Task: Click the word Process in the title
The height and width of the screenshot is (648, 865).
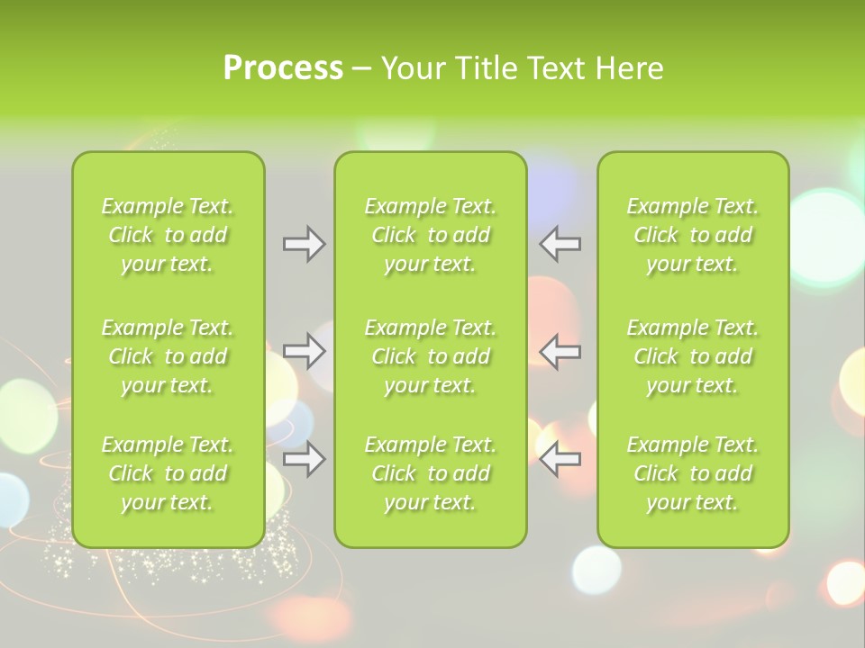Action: click(283, 68)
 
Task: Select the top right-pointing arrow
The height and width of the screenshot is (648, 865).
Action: click(304, 244)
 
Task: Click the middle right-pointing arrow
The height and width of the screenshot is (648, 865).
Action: click(304, 351)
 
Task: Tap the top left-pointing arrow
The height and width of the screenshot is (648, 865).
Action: click(560, 244)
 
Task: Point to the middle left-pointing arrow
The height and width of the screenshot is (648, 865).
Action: click(560, 351)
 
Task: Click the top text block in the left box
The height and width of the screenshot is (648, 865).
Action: click(168, 235)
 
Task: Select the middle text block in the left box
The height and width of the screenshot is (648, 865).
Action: click(168, 356)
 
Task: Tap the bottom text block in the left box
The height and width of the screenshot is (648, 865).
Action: click(168, 473)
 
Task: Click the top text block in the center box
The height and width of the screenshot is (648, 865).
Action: click(431, 235)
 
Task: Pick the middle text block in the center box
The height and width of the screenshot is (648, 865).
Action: click(431, 356)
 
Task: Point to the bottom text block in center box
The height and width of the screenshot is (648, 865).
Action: click(431, 473)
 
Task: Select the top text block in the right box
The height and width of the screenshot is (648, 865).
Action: click(693, 235)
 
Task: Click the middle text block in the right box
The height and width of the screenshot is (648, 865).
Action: click(693, 356)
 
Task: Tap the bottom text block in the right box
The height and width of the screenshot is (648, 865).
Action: click(693, 473)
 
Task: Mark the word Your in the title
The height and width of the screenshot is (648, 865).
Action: click(411, 68)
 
